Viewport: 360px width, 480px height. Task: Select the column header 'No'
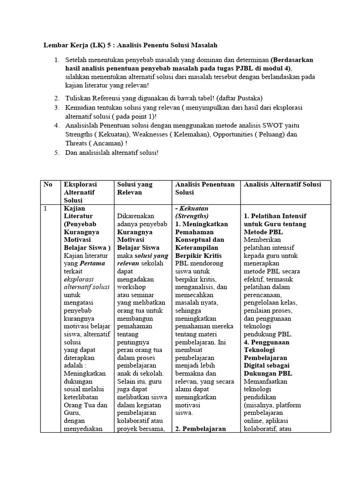(x=48, y=185)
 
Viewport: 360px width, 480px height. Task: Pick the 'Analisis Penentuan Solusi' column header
(x=204, y=188)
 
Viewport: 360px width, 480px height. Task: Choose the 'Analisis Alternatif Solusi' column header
(x=283, y=185)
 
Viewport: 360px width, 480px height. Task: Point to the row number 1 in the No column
(x=45, y=208)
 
